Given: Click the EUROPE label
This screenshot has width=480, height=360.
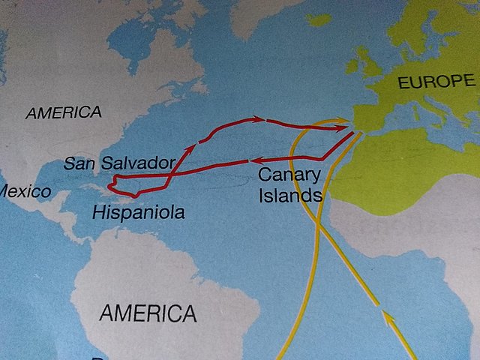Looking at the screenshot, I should pos(436,82).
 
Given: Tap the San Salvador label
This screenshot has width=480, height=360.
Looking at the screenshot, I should pos(119,163).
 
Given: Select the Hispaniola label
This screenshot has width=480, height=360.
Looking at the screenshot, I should pos(138,213).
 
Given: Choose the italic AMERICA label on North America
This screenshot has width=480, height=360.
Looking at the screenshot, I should pos(63,113).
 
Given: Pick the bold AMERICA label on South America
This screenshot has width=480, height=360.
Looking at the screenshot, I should pos(148,312).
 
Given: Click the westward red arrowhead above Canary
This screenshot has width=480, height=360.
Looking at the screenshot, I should pos(255,160).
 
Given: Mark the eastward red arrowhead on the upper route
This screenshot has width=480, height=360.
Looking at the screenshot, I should pos(259,118).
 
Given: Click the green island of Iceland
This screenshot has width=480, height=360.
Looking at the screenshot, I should pos(318,19).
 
